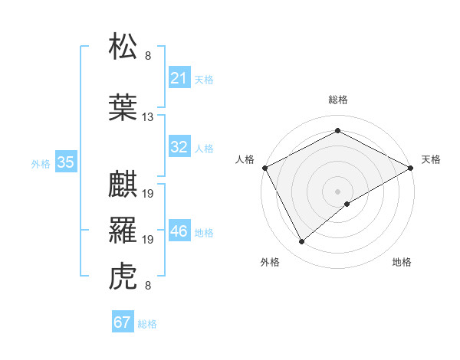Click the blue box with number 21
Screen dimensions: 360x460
click(x=179, y=78)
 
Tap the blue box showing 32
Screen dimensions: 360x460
click(x=179, y=147)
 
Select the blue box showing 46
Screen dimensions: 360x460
click(x=179, y=231)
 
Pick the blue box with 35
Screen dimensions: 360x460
click(x=65, y=162)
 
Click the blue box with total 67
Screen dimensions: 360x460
click(x=122, y=322)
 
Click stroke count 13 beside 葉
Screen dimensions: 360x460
click(x=148, y=117)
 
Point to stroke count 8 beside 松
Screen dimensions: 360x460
click(x=148, y=56)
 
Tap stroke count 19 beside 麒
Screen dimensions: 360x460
click(x=148, y=194)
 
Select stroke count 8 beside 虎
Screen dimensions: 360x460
click(x=148, y=286)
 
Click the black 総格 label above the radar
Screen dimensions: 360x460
click(x=338, y=100)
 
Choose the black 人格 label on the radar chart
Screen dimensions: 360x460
click(x=245, y=159)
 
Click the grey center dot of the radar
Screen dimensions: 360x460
click(x=338, y=191)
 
